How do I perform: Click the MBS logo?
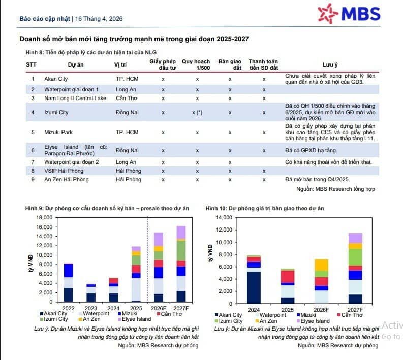349,14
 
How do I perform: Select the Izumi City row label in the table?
56,112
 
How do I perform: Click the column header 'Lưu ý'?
330,64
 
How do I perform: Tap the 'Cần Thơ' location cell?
127,98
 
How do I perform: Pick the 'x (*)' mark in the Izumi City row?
197,112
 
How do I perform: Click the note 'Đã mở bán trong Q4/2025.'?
318,179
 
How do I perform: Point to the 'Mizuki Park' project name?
58,132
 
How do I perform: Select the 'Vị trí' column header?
120,64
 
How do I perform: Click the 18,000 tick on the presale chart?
44,217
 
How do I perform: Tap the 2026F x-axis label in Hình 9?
159,308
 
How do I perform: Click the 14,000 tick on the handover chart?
224,217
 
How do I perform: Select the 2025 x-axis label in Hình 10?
287,310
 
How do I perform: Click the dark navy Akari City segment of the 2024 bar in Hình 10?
254,287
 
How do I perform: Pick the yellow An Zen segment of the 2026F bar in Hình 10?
321,265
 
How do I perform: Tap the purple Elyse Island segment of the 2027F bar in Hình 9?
181,233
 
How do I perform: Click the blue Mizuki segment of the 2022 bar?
69,271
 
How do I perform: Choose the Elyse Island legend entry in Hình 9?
135,319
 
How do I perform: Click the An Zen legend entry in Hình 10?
266,321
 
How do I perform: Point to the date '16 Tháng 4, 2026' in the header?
99,19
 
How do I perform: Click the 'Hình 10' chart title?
264,208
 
